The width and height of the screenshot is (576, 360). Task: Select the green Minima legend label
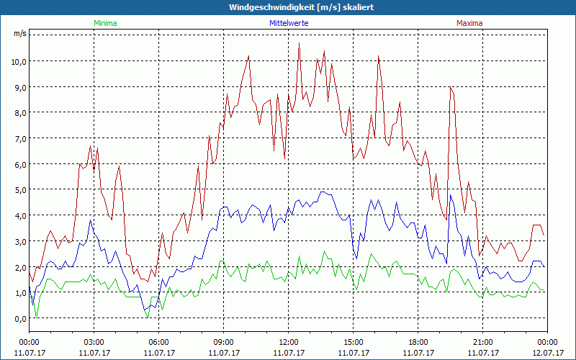104,23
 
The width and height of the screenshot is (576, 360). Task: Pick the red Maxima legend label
469,23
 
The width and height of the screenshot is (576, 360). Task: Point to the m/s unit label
19,33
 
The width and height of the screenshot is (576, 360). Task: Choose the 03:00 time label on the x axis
94,342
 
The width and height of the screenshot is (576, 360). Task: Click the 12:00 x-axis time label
288,342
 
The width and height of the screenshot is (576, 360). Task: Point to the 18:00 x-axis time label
418,342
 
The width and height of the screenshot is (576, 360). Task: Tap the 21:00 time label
482,342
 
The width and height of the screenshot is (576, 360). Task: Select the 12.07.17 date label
547,353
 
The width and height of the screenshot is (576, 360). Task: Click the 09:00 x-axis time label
223,342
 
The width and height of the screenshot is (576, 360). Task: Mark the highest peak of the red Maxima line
299,43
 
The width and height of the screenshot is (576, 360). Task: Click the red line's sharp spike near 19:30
450,87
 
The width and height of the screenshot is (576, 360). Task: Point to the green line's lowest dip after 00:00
36,317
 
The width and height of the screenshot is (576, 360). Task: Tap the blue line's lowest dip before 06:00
144,309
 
